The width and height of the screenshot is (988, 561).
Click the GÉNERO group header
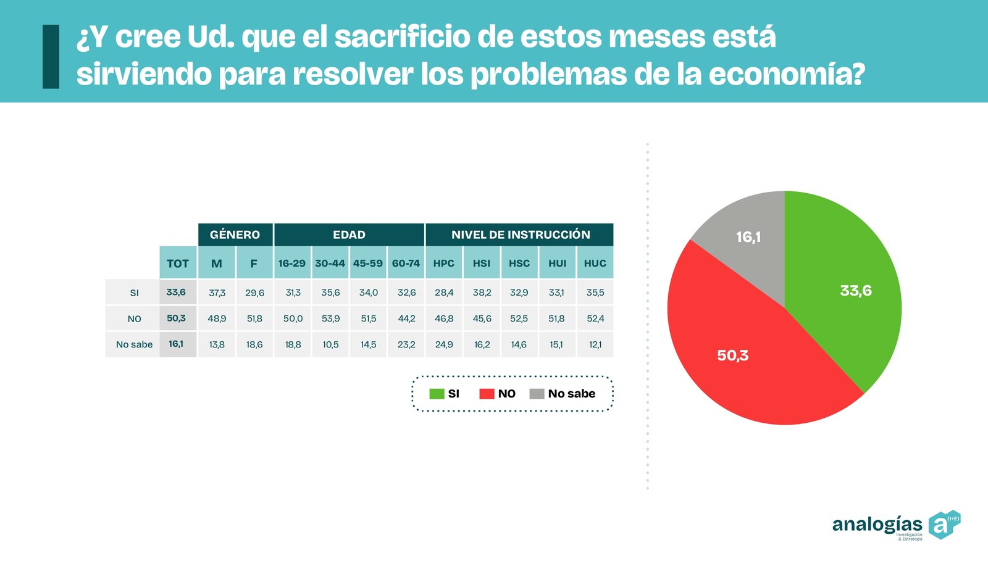pos(235,235)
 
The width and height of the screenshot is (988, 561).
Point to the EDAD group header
pos(349,235)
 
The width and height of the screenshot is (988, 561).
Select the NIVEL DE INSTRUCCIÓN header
pos(520,235)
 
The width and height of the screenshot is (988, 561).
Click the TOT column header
pos(178,263)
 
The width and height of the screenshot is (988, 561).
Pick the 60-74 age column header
pos(406,263)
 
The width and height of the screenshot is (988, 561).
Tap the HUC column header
pos(595,263)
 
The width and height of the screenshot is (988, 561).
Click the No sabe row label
pos(134,344)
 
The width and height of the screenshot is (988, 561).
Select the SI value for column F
pos(254,293)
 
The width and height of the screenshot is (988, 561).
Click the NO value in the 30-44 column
pos(330,318)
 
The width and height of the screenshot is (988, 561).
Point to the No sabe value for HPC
pos(444,344)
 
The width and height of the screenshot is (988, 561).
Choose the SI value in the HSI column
pos(482,293)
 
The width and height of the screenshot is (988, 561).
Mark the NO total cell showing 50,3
pos(177,318)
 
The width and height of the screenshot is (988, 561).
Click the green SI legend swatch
pos(437,394)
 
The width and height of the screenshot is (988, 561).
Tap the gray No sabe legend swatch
pos(537,394)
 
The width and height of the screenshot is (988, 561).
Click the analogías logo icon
pos(944,525)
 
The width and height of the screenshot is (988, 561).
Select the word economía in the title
pos(785,75)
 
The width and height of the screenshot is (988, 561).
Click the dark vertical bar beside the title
pos(51,56)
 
